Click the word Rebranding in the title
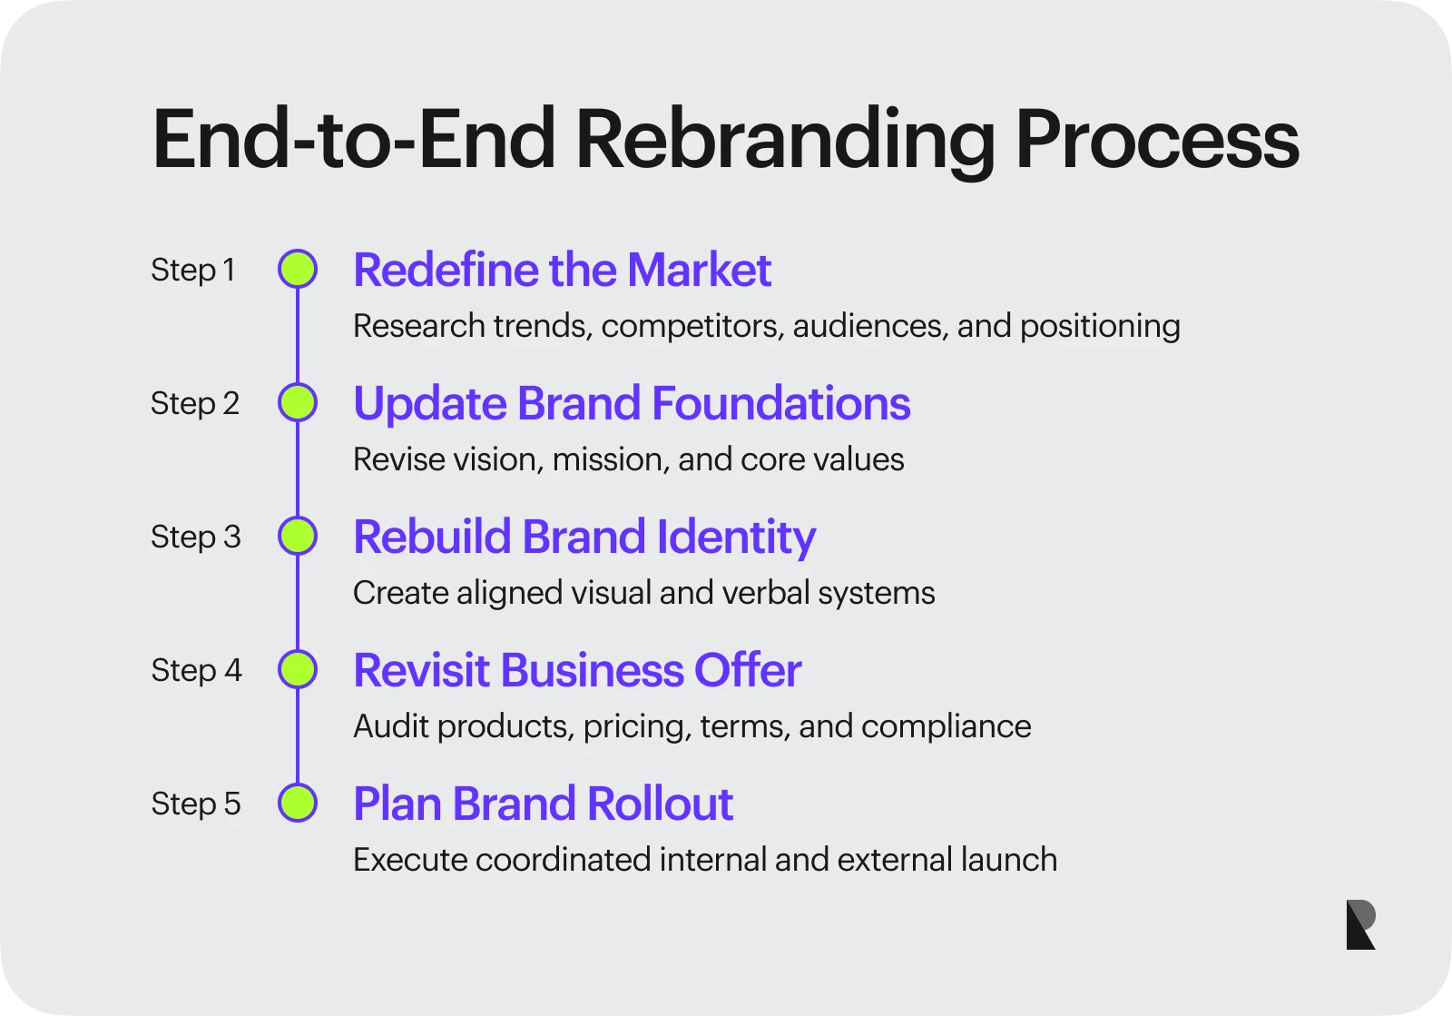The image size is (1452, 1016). [784, 141]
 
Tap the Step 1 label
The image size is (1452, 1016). [193, 270]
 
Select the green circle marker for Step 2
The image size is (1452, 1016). [298, 403]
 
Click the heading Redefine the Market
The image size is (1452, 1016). [562, 270]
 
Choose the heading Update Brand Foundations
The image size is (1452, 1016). [631, 403]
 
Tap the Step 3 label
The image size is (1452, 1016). [196, 537]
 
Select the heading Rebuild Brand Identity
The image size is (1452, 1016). [584, 537]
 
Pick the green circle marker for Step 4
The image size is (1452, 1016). [298, 670]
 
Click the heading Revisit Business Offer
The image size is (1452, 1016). [577, 670]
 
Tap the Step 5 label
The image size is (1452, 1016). [196, 804]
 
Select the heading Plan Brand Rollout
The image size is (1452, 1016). [543, 804]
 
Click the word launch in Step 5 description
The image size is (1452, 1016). [1008, 860]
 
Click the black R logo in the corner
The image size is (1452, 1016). [1360, 924]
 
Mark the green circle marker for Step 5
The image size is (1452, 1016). [298, 804]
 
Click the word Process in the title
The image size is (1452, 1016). [1156, 141]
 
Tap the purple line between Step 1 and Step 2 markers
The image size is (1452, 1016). [298, 336]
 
